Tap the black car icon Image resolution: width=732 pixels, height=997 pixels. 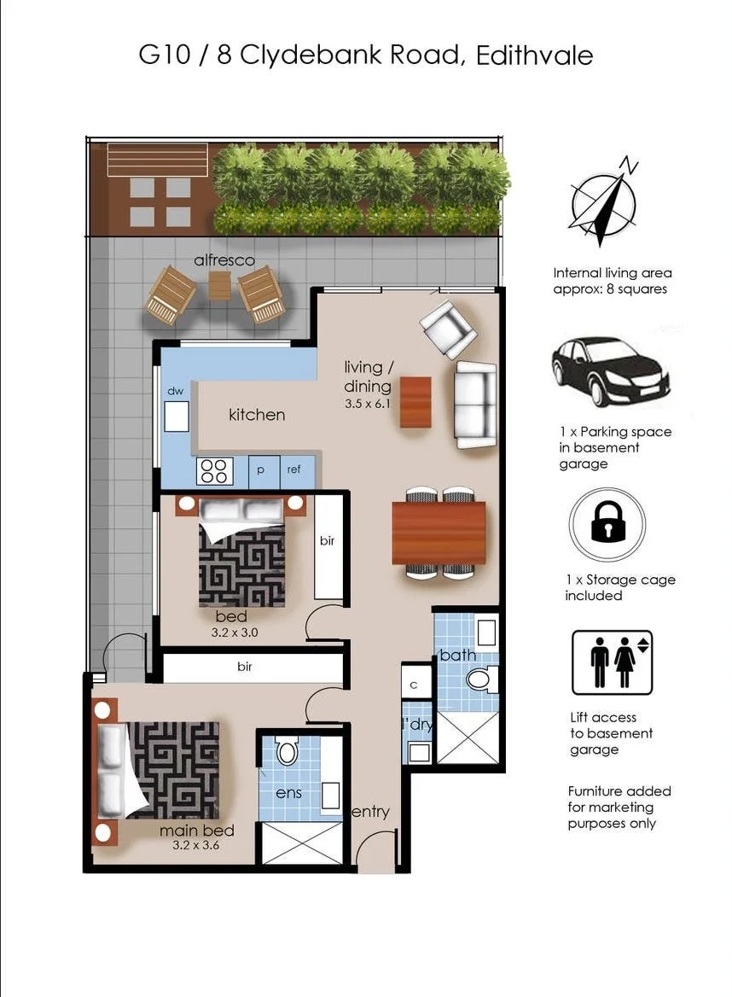click(610, 371)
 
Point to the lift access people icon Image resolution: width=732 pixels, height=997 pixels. click(612, 662)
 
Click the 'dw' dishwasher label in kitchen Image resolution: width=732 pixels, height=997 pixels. click(176, 391)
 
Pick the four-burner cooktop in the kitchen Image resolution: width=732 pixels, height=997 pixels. click(214, 471)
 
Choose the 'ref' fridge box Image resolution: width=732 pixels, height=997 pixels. click(293, 470)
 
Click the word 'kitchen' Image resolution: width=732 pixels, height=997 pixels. click(256, 415)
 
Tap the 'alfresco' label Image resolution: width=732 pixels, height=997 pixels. click(224, 260)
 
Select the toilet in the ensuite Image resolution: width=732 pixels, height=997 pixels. click(287, 752)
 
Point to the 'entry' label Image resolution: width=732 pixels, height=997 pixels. click(370, 812)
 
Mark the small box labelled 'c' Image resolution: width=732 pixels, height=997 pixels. click(415, 684)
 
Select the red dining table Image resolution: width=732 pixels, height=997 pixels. click(439, 533)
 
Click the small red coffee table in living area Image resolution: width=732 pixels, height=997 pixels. click(416, 401)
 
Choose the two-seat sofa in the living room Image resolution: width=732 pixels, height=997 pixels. click(475, 405)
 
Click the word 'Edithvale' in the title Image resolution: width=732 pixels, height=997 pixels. click(535, 56)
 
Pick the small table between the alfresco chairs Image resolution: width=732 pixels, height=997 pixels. click(219, 285)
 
